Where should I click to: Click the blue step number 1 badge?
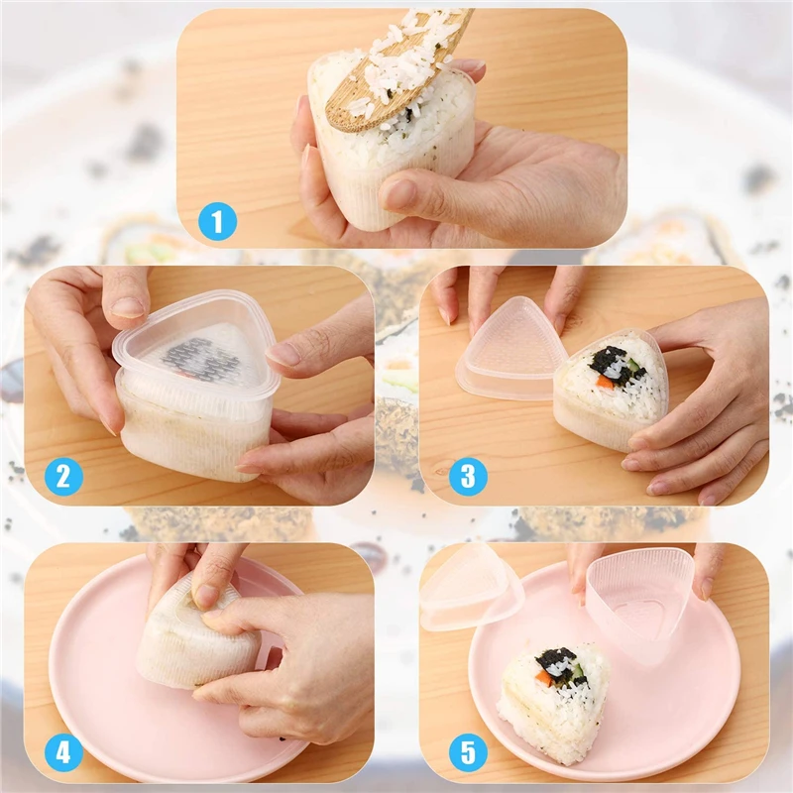[216, 220]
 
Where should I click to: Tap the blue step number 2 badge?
[63, 477]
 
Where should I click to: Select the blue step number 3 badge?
[467, 477]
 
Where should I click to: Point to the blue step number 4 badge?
[63, 752]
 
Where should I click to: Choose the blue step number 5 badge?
[467, 752]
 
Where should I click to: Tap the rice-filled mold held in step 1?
[392, 149]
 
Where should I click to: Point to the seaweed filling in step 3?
[615, 363]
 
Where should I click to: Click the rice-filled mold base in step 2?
[193, 431]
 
